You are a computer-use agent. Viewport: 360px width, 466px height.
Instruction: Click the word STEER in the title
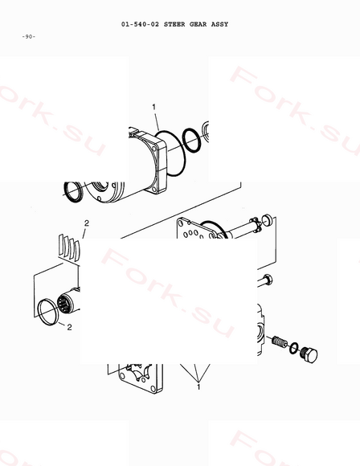click(x=174, y=24)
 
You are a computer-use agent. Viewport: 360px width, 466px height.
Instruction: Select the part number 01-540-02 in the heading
click(x=140, y=24)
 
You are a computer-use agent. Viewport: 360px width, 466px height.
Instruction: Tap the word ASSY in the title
click(x=219, y=24)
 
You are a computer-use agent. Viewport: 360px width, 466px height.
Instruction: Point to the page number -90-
click(x=29, y=36)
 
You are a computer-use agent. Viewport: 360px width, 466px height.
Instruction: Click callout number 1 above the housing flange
click(x=154, y=107)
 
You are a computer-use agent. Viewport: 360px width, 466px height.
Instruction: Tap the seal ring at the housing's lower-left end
click(x=73, y=192)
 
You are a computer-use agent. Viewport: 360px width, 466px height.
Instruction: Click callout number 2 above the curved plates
click(x=87, y=223)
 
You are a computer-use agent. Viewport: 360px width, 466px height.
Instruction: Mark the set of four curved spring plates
click(x=69, y=247)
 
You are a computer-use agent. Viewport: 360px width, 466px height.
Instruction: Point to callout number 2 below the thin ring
click(x=69, y=327)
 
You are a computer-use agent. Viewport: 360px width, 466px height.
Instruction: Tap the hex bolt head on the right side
click(x=268, y=280)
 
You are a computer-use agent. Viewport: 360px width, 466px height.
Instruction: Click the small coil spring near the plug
click(x=280, y=342)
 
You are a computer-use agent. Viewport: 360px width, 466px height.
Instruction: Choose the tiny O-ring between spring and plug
click(x=294, y=348)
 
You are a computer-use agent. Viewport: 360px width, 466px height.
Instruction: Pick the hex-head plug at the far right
click(x=309, y=354)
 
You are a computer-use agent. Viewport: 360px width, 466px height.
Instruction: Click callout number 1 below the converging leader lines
click(x=198, y=386)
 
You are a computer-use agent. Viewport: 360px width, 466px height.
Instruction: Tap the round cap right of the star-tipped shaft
click(x=267, y=220)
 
